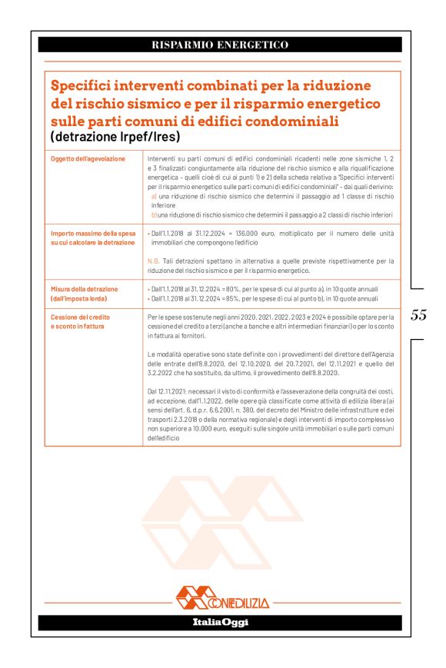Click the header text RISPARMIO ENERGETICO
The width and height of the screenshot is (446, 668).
[x=220, y=45]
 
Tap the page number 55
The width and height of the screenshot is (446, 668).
[x=419, y=315]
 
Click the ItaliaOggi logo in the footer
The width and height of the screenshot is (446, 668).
[x=220, y=622]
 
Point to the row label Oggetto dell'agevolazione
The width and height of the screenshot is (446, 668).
[x=87, y=158]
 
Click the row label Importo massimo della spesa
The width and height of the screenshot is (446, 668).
[x=92, y=233]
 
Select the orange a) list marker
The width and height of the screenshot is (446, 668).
[x=154, y=196]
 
